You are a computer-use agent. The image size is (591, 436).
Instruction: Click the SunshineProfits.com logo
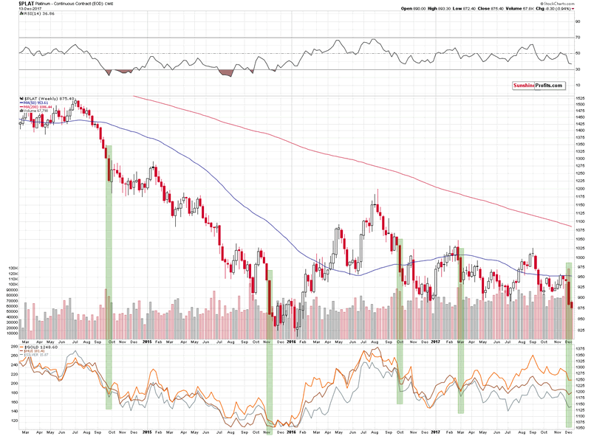[x=538, y=86]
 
